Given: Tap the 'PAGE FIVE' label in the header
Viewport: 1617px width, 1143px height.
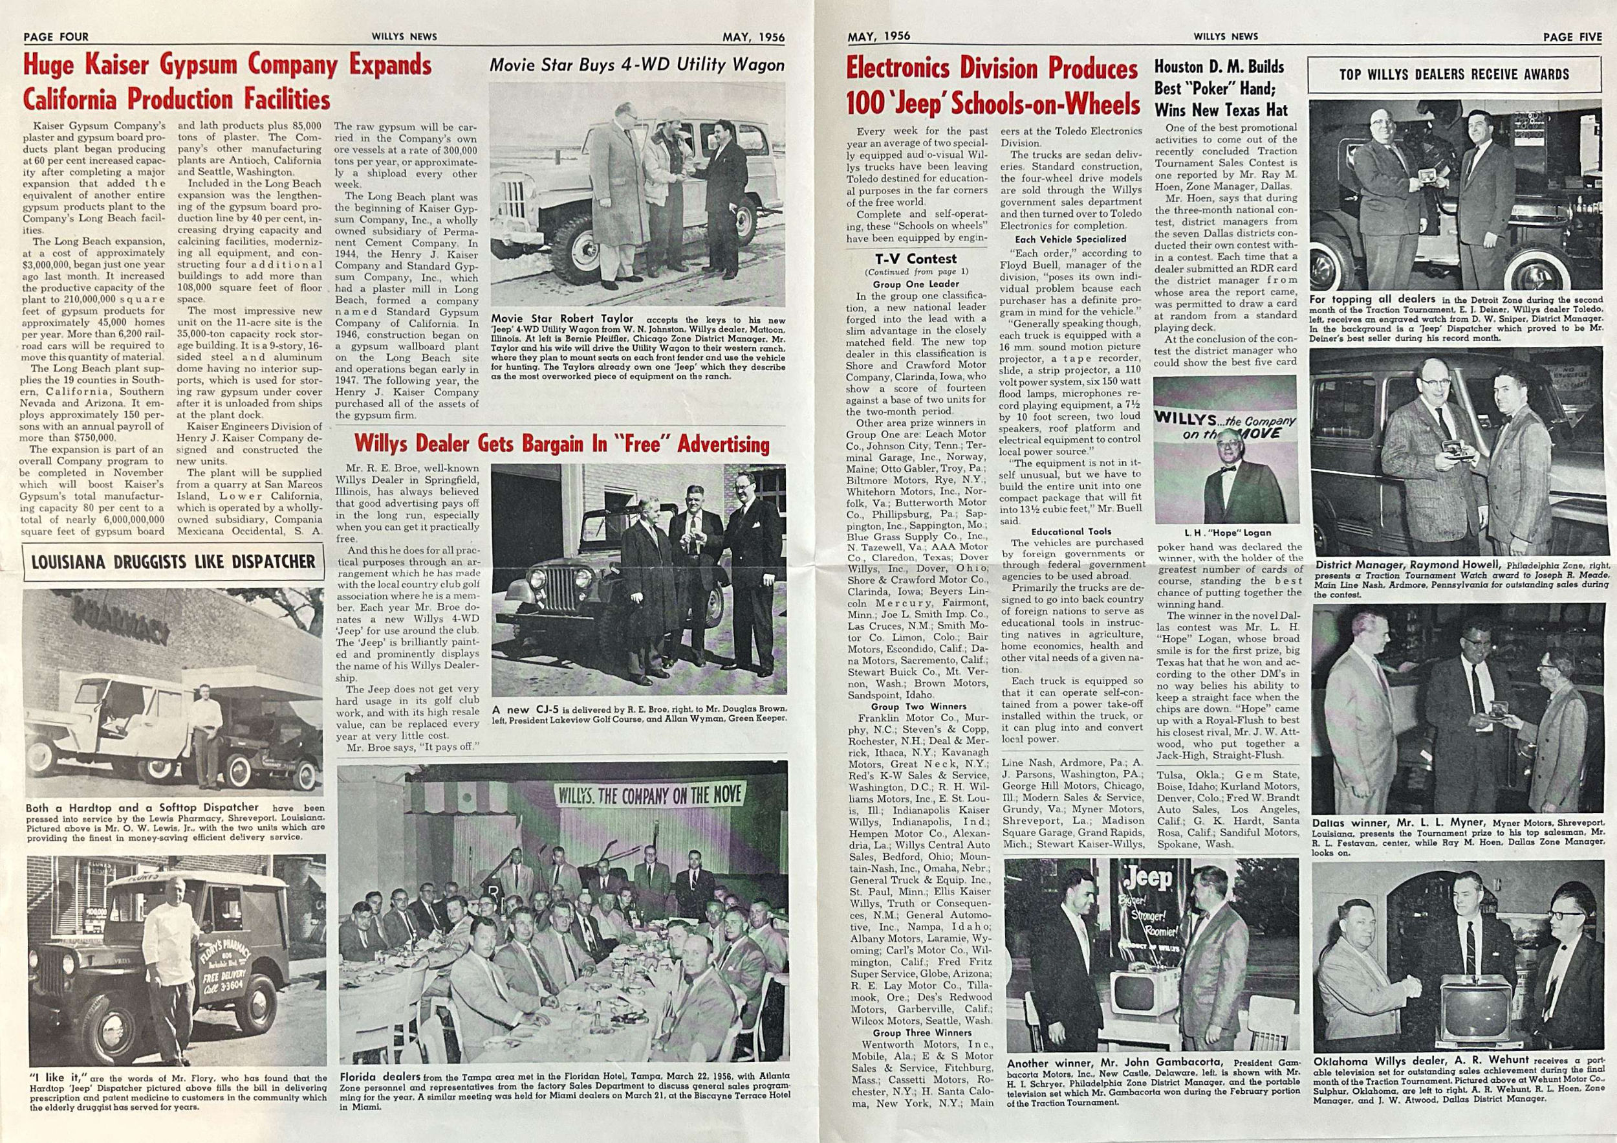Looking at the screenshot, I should pos(1572,38).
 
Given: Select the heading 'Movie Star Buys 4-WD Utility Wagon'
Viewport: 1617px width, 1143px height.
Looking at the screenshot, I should pos(636,65).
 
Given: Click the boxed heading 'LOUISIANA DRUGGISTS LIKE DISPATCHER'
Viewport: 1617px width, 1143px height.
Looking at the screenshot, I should pos(173,562).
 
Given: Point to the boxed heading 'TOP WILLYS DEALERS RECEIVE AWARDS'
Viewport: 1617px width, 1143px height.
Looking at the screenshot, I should pos(1453,74).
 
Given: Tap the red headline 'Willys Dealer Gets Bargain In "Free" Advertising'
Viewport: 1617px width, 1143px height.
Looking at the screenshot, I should pos(561,444).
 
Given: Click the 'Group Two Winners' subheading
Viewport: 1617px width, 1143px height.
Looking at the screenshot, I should pos(918,706).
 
